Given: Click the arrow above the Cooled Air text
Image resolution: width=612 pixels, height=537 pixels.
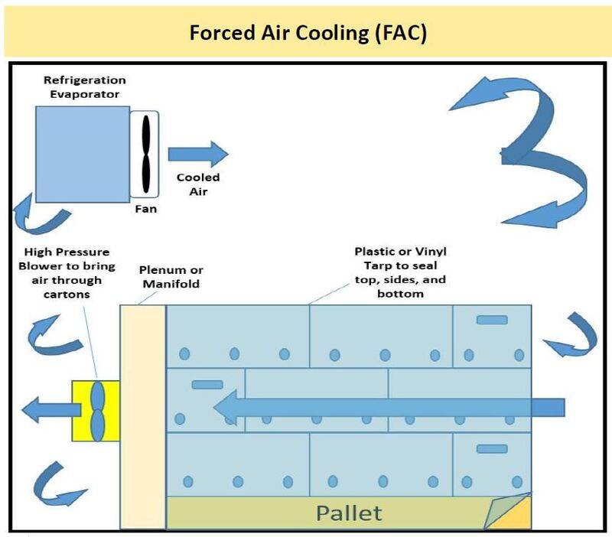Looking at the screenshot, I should (x=197, y=153).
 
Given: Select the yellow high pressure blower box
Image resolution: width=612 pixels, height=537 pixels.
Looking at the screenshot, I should (x=96, y=411).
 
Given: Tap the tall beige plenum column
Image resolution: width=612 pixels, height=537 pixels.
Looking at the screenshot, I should (x=143, y=417).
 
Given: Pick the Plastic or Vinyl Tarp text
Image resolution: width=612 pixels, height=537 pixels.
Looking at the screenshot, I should (x=389, y=272).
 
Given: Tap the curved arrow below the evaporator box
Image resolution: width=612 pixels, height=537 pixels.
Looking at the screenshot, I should (x=38, y=213).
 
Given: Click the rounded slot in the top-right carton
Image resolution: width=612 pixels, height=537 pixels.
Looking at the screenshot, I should (x=492, y=319).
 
